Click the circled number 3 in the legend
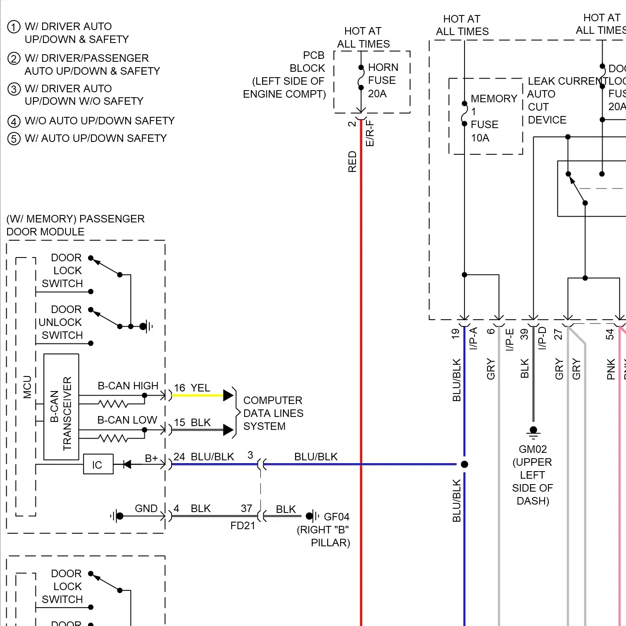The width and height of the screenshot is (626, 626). click(x=14, y=89)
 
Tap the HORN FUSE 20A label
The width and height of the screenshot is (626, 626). click(x=382, y=80)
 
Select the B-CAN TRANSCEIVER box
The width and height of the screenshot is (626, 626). click(x=61, y=407)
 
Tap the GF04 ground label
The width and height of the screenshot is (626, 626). click(x=336, y=517)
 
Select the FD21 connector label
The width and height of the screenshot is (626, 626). click(x=242, y=526)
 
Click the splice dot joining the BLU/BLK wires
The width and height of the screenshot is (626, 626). click(x=464, y=464)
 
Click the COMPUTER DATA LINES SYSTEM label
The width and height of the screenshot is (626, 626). click(x=273, y=413)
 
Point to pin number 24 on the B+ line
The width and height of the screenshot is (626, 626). click(x=179, y=457)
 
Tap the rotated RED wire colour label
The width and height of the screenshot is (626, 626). click(x=353, y=162)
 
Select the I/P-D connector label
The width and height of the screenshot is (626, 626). click(x=542, y=338)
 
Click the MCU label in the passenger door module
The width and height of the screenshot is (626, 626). click(x=28, y=387)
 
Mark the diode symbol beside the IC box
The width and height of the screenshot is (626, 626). click(x=127, y=464)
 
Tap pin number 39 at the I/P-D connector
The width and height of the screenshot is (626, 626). click(x=525, y=334)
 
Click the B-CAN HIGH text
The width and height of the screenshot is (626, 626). click(x=128, y=386)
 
